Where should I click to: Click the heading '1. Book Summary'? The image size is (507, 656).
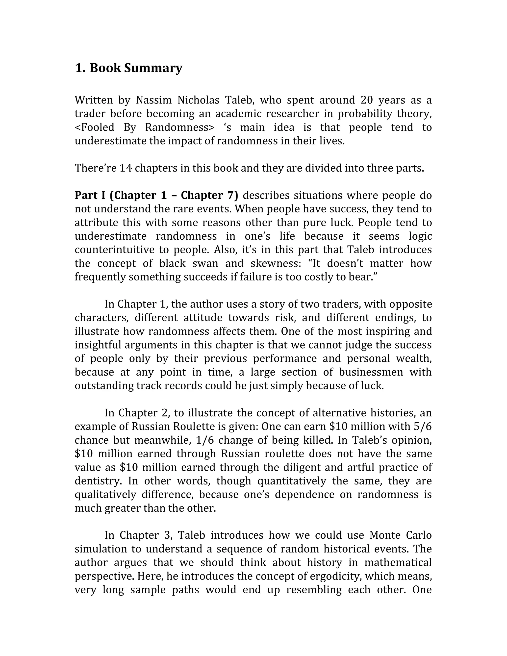click(128, 68)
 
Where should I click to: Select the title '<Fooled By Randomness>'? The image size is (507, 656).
click(145, 127)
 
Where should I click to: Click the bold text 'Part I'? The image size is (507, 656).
click(90, 195)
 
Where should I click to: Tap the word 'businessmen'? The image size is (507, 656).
click(371, 372)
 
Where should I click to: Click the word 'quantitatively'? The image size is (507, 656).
click(292, 481)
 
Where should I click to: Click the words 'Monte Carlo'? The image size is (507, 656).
click(400, 535)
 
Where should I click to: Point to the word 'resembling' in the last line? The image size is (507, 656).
click(314, 590)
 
